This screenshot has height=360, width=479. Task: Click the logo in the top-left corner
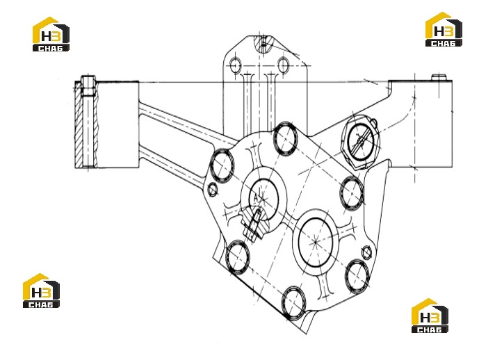pos(51,34)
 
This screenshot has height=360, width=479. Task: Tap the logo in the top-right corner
pos(444,29)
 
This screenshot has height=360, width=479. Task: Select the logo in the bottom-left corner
pos(42,291)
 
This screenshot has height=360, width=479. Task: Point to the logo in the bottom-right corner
pos(430,316)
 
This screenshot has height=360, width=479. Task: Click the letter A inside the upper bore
pos(256,197)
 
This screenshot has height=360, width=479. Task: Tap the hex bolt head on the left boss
pos(88,85)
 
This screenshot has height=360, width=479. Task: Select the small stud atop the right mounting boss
pos(439,77)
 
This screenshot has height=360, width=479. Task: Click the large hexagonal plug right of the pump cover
pos(362,141)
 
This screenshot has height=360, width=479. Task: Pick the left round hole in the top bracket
pos(235,65)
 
